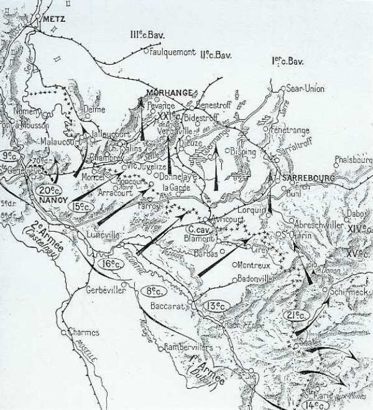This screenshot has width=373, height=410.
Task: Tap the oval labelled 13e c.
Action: pos(216,305)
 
